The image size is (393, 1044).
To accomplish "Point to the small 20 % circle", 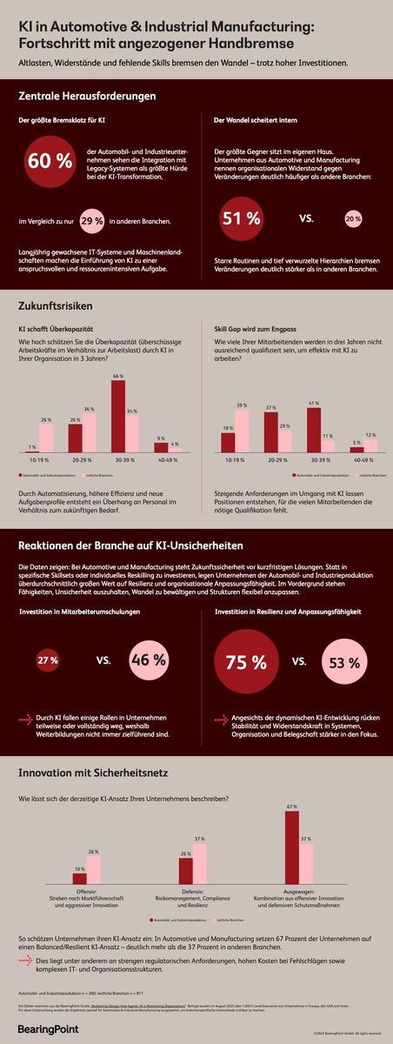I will coord(353,219).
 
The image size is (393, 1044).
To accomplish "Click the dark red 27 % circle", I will coord(48,661).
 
